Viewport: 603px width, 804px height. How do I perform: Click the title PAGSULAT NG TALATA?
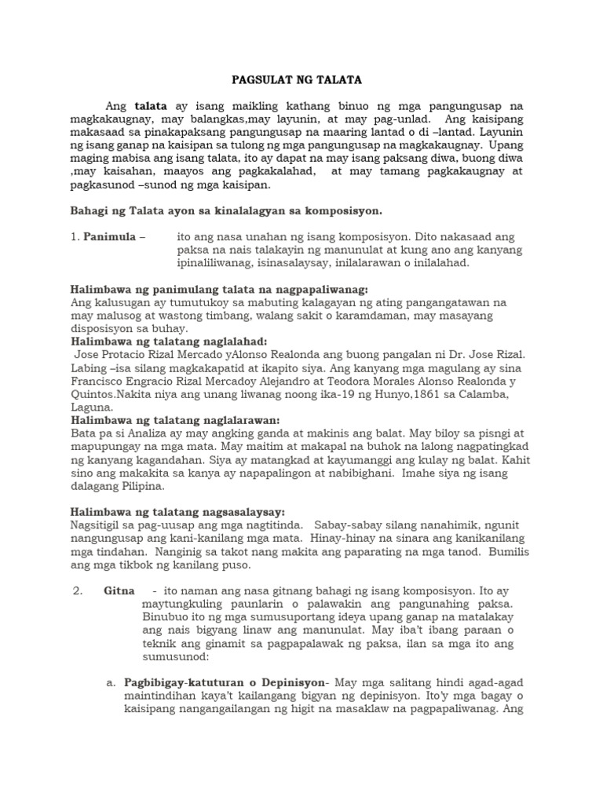(x=301, y=80)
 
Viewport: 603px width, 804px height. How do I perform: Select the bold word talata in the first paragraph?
(x=151, y=106)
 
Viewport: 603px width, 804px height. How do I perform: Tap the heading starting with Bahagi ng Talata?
(x=226, y=211)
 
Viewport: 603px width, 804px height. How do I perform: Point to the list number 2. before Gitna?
(x=77, y=590)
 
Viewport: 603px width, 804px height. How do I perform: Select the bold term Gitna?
(x=119, y=590)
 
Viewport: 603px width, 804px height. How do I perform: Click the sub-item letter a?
(x=111, y=683)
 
